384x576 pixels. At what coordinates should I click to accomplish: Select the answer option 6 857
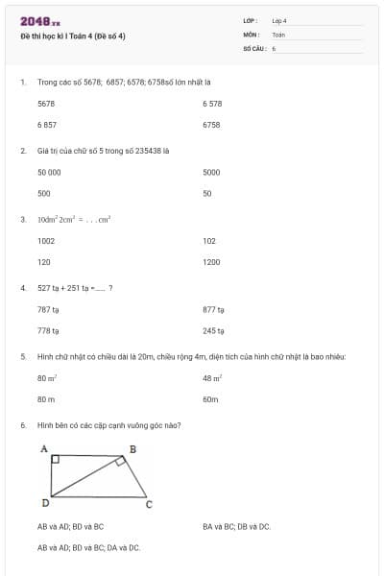[47, 125]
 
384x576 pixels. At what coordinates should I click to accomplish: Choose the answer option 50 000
[49, 172]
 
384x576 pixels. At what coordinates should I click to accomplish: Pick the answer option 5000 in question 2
[212, 172]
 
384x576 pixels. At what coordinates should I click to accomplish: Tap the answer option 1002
[46, 241]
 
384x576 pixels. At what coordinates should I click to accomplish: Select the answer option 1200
[212, 261]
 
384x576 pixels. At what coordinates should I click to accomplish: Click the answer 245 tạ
[213, 330]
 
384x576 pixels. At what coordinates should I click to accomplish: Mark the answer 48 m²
[212, 378]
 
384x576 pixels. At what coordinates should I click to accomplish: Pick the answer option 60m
[211, 398]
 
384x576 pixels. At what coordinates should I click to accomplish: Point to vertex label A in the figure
[44, 448]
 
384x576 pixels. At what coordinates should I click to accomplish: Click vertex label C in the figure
[148, 504]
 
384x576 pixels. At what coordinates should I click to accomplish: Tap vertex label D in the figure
[45, 503]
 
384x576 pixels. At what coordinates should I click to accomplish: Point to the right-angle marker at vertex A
[55, 460]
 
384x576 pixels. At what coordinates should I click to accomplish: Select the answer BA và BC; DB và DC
[236, 526]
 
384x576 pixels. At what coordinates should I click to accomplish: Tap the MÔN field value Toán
[278, 34]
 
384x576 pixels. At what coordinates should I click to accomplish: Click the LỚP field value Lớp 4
[279, 20]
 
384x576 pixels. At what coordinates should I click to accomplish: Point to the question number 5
[22, 356]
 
